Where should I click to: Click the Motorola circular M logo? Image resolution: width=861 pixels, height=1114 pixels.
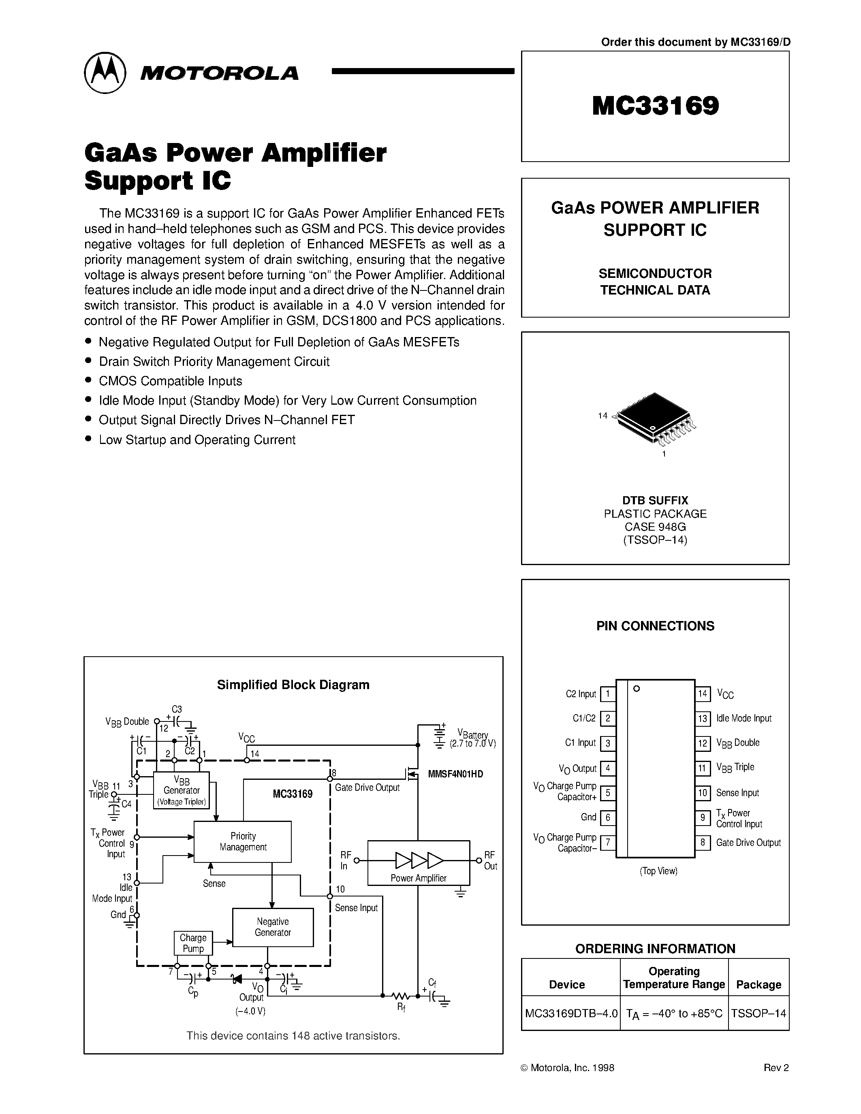coord(105,73)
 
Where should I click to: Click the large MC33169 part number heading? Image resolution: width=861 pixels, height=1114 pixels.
coord(656,106)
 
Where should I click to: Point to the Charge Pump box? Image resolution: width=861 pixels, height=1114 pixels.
coord(193,943)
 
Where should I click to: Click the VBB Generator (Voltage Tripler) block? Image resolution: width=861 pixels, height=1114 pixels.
coord(182,790)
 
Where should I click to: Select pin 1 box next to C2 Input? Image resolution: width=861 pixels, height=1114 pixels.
coord(607,694)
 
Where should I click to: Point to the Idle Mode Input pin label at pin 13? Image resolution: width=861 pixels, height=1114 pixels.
coord(743,718)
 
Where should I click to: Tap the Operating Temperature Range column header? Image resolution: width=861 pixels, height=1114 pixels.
coord(674,978)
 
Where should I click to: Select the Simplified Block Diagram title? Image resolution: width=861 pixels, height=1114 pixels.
coord(293,685)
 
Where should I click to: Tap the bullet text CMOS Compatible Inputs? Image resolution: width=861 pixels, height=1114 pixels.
coord(170,381)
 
